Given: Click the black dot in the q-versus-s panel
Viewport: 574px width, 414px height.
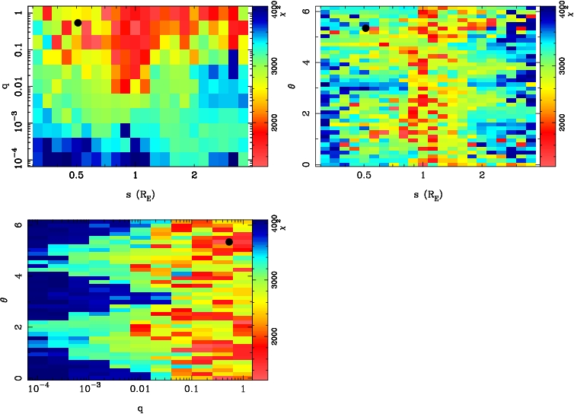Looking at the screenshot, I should tap(78, 23).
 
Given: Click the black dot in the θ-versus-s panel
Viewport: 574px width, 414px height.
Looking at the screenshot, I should tap(365, 28).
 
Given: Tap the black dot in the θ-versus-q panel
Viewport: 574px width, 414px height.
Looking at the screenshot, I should tap(228, 242).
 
